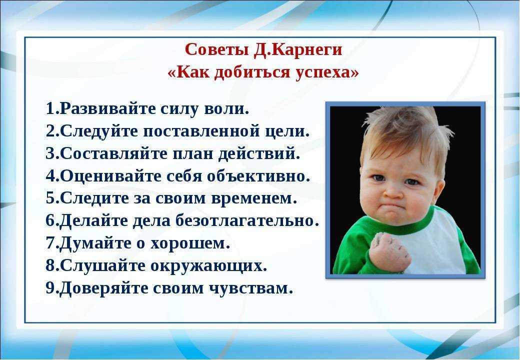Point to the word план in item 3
192,153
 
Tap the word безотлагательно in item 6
244,220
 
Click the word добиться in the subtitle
252,72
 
